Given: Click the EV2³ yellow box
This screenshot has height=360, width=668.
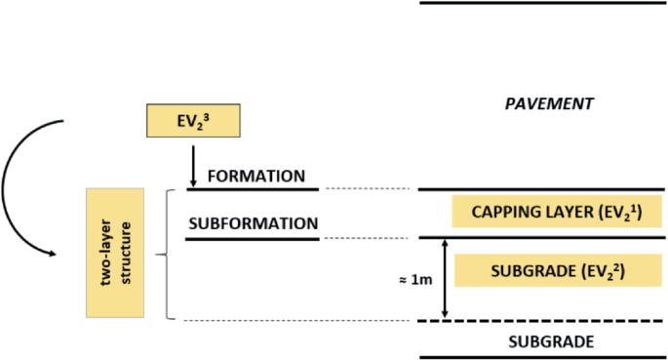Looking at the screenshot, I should coord(191,121).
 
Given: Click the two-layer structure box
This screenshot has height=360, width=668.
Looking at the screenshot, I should coord(115,252).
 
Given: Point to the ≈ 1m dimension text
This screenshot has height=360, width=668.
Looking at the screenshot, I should coord(413,279).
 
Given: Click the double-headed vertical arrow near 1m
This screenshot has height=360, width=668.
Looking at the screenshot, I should coord(445,279).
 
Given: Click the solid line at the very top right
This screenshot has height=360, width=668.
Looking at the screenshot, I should coord(542,3).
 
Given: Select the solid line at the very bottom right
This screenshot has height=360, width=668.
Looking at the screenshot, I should coord(542,357).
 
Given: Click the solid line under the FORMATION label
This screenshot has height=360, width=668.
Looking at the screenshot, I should coord(253,189).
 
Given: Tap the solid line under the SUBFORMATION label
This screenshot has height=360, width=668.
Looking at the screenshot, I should coord(253,238).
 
